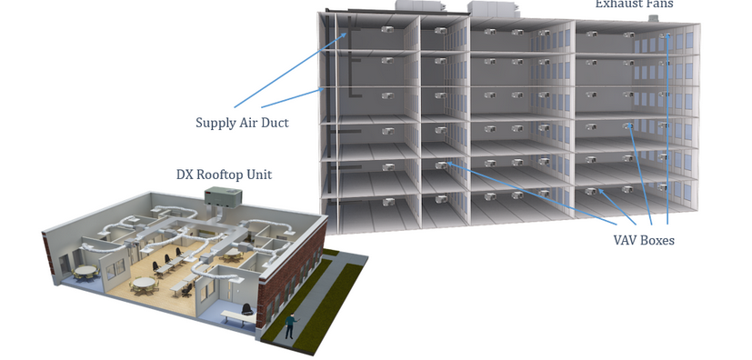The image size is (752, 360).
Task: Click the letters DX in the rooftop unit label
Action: coord(185,175)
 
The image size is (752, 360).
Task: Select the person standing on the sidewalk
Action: coord(292,325)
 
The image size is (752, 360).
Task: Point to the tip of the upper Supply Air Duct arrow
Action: coord(347,34)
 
